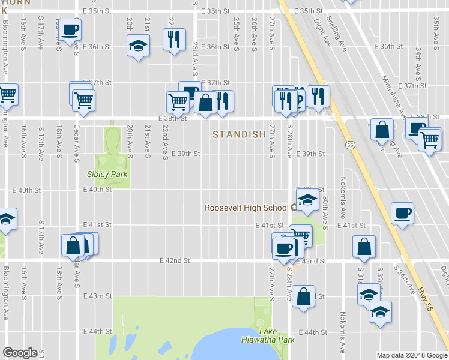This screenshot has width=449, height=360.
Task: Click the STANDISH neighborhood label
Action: [x=239, y=135]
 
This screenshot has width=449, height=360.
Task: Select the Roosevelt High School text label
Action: [x=247, y=208]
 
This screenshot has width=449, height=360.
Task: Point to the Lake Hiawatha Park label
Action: [x=277, y=335]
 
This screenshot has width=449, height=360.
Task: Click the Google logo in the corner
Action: [x=20, y=353]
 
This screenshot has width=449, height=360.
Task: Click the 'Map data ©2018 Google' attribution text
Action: [x=412, y=355]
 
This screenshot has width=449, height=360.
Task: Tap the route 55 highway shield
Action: [x=349, y=145]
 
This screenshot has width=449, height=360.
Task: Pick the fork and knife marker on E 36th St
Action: [x=174, y=40]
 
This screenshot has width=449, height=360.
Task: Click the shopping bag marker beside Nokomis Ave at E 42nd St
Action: [x=364, y=247]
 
